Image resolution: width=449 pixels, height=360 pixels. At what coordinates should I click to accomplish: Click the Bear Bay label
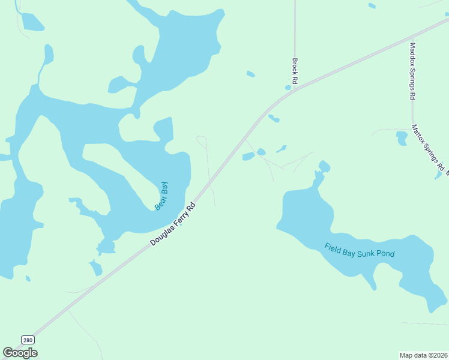click(161, 196)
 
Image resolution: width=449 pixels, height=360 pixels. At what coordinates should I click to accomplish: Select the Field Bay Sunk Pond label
click(360, 250)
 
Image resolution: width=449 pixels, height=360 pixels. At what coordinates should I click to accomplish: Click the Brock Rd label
click(295, 70)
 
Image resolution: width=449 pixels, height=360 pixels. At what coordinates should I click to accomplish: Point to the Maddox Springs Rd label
click(412, 71)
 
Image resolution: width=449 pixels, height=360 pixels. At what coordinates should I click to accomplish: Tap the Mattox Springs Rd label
click(428, 146)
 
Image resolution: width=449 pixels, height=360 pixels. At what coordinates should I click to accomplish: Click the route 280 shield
click(28, 340)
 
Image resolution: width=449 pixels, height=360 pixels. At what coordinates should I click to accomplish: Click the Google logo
click(20, 353)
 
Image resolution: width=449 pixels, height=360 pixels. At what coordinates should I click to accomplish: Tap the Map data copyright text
click(423, 355)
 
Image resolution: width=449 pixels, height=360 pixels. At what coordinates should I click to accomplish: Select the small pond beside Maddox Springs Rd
click(402, 139)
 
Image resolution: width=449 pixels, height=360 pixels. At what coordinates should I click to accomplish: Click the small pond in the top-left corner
click(32, 22)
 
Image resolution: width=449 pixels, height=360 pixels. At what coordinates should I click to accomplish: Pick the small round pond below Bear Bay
click(107, 246)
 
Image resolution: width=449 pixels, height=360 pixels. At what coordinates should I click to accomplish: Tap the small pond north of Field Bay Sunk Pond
click(324, 166)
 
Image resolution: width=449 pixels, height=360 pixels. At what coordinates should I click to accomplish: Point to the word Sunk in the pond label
click(367, 253)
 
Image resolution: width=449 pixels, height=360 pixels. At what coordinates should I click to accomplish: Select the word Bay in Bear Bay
click(164, 190)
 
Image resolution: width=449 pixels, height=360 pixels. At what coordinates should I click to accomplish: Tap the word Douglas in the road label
click(161, 235)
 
